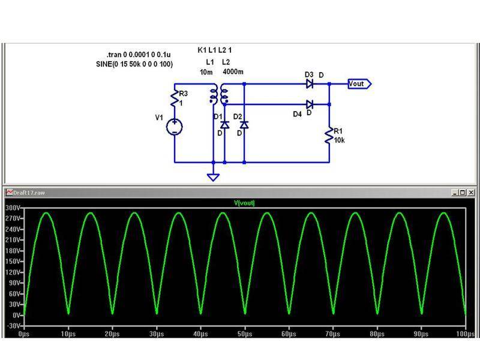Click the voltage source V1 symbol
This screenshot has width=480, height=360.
(x=175, y=126)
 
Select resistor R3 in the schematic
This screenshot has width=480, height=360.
(x=175, y=99)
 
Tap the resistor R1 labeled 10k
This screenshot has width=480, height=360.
(x=329, y=135)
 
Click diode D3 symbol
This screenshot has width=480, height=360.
(x=310, y=83)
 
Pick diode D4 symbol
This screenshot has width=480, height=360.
(x=310, y=104)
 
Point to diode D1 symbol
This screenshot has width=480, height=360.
(x=224, y=125)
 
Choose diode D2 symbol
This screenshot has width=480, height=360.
(x=244, y=125)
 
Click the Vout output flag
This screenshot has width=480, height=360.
(x=360, y=84)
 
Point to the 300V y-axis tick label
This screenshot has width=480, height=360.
(x=13, y=208)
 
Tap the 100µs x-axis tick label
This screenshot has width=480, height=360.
(x=464, y=333)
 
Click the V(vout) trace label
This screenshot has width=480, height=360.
(x=244, y=203)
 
